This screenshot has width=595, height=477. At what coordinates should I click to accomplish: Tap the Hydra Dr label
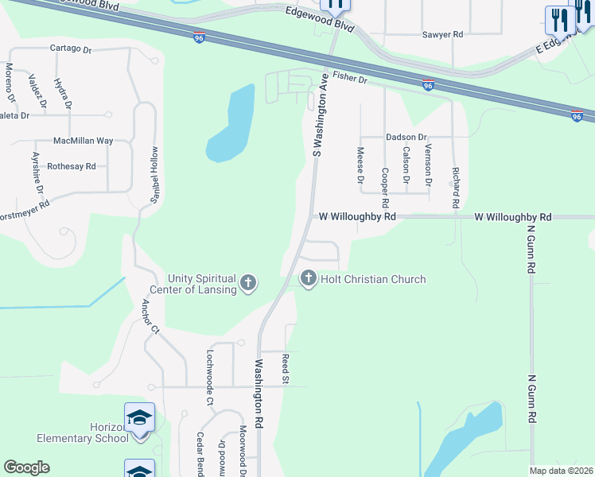[x=62, y=94]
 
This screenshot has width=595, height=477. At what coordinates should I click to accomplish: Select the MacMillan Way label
[x=83, y=141]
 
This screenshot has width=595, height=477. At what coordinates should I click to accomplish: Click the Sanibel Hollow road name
[x=155, y=176]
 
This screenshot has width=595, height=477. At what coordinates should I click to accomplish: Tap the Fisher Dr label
[x=350, y=78]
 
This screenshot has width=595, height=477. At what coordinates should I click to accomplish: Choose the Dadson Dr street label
[x=406, y=137]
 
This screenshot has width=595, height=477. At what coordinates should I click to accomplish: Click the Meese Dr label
[x=360, y=165]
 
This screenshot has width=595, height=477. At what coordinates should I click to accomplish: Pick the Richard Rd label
[x=456, y=187]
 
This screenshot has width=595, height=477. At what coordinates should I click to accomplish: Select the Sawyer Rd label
[x=442, y=35]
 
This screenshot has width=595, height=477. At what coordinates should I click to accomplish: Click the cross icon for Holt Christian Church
[x=308, y=279]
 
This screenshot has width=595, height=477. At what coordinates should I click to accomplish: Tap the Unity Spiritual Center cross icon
[x=248, y=282]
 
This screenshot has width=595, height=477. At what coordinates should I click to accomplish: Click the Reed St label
[x=285, y=370]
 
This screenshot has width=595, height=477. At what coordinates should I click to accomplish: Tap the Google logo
[x=26, y=467]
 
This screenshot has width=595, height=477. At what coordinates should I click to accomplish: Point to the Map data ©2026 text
[x=560, y=471]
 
